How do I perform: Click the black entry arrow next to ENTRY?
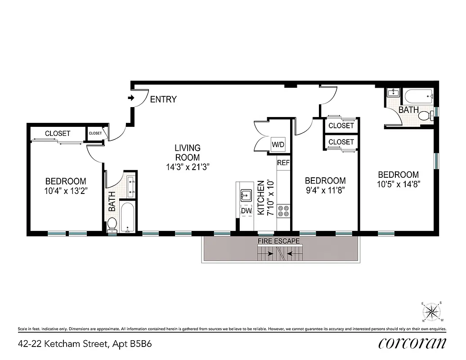pos(131,98)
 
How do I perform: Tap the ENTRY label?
pos(163,99)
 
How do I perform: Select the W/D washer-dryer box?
pos(278,144)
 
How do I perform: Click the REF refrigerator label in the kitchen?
pos(283,163)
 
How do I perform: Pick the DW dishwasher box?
pos(246,210)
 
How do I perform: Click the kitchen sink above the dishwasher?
pos(246,195)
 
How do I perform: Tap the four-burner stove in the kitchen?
pos(283,211)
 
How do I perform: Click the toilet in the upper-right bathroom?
pos(425,116)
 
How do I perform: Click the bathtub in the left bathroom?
pos(128,218)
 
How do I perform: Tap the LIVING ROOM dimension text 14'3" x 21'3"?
pos(188,166)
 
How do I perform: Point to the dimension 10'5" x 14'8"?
pos(398,184)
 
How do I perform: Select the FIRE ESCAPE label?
pos(278,241)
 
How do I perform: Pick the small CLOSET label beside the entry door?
pos(95,133)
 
